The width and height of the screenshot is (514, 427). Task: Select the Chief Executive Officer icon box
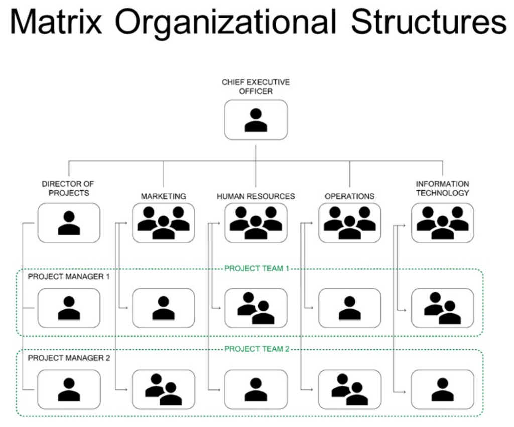[x=256, y=120]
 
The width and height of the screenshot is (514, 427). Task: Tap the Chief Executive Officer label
[x=256, y=87]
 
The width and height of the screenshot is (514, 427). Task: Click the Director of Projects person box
[x=69, y=223]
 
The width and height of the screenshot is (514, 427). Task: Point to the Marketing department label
[x=163, y=196]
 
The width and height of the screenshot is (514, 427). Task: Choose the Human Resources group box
[x=256, y=223]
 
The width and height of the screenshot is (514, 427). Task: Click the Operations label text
[x=349, y=196]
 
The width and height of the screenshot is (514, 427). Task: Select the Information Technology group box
[x=442, y=223]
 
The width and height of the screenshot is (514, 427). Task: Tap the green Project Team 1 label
[x=256, y=268]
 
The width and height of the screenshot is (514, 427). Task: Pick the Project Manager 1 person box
[x=69, y=308]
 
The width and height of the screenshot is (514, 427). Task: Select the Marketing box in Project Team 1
[x=163, y=308]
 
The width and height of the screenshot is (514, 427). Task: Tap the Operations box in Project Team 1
[x=349, y=308]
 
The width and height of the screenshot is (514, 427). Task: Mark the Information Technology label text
[x=442, y=188]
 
